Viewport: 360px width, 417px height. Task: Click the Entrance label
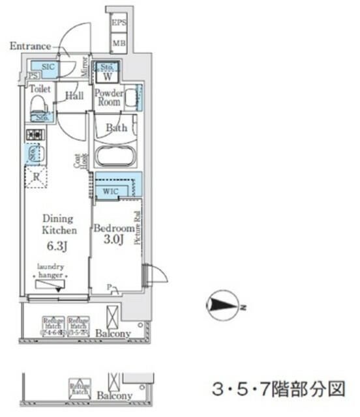pos(30,46)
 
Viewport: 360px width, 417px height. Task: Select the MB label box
pos(119,44)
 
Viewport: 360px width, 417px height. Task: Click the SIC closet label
pos(46,67)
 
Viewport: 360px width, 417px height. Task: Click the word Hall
pos(74,96)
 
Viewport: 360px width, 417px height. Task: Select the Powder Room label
pos(109,97)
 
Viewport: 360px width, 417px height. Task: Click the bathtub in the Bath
pos(115,156)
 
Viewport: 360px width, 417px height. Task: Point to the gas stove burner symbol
pos(33,134)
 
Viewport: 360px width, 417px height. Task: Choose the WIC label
pos(110,192)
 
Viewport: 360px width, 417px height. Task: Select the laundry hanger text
pos(50,270)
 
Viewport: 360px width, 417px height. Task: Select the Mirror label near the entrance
pos(85,67)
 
